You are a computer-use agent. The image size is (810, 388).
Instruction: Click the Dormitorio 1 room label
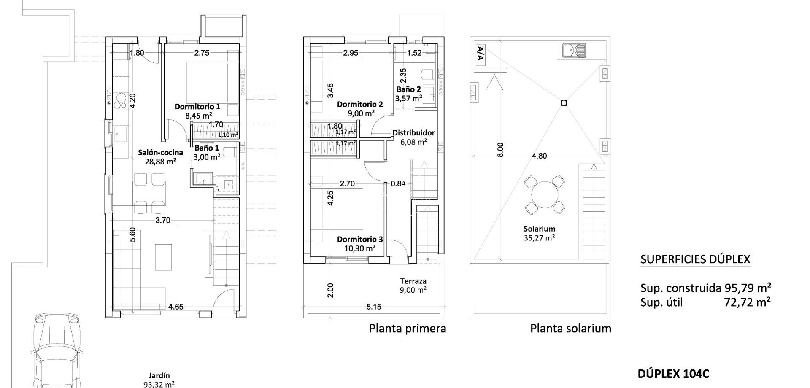click(197, 107)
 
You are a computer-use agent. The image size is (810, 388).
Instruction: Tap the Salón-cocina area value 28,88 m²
click(160, 161)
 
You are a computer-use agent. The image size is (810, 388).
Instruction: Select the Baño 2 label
click(408, 89)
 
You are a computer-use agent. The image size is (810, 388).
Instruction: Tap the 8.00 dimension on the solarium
click(500, 150)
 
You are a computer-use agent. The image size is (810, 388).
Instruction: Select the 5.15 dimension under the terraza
click(374, 307)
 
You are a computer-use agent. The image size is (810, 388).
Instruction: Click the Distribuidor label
click(413, 133)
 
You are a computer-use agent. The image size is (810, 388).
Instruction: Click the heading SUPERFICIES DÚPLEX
click(695, 259)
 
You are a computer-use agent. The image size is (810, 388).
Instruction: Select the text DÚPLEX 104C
click(673, 374)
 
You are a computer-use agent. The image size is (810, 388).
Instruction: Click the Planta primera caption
click(408, 329)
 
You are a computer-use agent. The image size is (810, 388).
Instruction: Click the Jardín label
click(159, 375)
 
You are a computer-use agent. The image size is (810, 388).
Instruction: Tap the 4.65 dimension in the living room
click(175, 307)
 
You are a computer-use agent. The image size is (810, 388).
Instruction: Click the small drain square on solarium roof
click(564, 103)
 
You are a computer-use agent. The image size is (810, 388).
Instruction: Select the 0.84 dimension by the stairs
click(398, 183)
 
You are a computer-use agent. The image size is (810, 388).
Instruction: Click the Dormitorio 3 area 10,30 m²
click(360, 248)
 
